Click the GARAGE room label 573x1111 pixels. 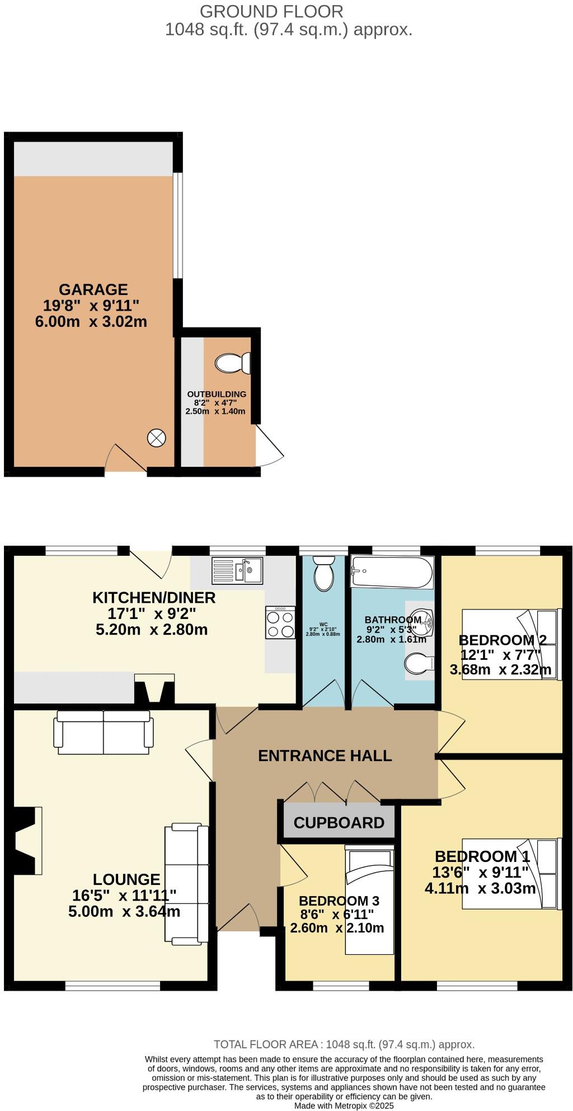coord(93,289)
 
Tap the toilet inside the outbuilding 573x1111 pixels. coord(232,363)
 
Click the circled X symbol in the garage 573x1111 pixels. coord(156,438)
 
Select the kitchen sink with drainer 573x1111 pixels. coord(237,571)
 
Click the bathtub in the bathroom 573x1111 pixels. coord(392,571)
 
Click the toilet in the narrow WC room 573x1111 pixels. coord(323,574)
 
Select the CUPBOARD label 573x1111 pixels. coord(339,823)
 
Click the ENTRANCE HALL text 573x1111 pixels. coord(325,756)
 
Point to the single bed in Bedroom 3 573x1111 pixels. coord(369,901)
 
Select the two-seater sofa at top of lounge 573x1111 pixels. coord(103,733)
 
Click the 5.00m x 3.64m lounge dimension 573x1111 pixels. coord(124,912)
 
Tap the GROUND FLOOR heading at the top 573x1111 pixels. coord(271,11)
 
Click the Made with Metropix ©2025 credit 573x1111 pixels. coord(344,1106)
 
